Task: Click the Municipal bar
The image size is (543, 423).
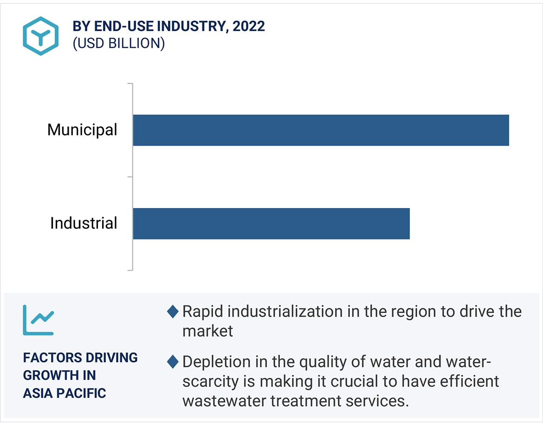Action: coord(321,130)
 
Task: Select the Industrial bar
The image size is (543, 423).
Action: coord(271,223)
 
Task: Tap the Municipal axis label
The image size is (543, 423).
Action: coord(82,130)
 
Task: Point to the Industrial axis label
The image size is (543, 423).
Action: coord(84,223)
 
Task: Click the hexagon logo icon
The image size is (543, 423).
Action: coord(41,36)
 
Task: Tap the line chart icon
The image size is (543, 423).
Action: coord(39,320)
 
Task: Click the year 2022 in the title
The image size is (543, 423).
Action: coord(249,26)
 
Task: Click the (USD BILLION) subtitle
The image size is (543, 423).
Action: coord(118,43)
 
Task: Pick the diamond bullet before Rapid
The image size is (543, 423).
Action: coord(173,312)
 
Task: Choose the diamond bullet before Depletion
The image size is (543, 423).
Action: coord(173,361)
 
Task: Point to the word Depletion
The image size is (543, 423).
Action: coord(214,361)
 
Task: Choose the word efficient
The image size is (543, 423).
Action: coord(469,381)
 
